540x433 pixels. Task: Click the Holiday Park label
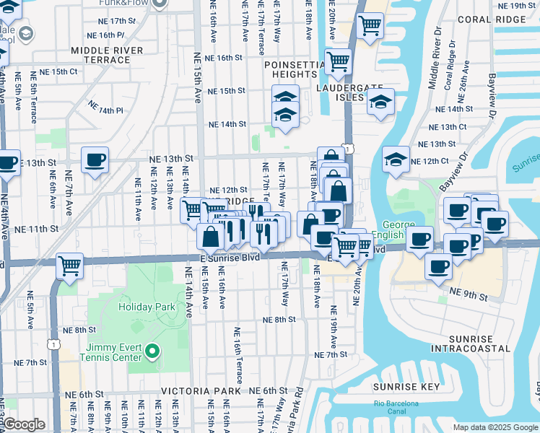[147, 307]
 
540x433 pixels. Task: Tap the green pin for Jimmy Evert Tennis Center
[152, 351]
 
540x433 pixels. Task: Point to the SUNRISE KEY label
[406, 388]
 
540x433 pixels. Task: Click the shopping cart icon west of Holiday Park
[69, 266]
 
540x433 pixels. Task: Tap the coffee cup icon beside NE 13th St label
[95, 159]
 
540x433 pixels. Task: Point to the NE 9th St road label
[465, 290]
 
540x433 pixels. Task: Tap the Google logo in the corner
[24, 424]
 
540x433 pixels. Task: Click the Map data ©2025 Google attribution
[495, 427]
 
